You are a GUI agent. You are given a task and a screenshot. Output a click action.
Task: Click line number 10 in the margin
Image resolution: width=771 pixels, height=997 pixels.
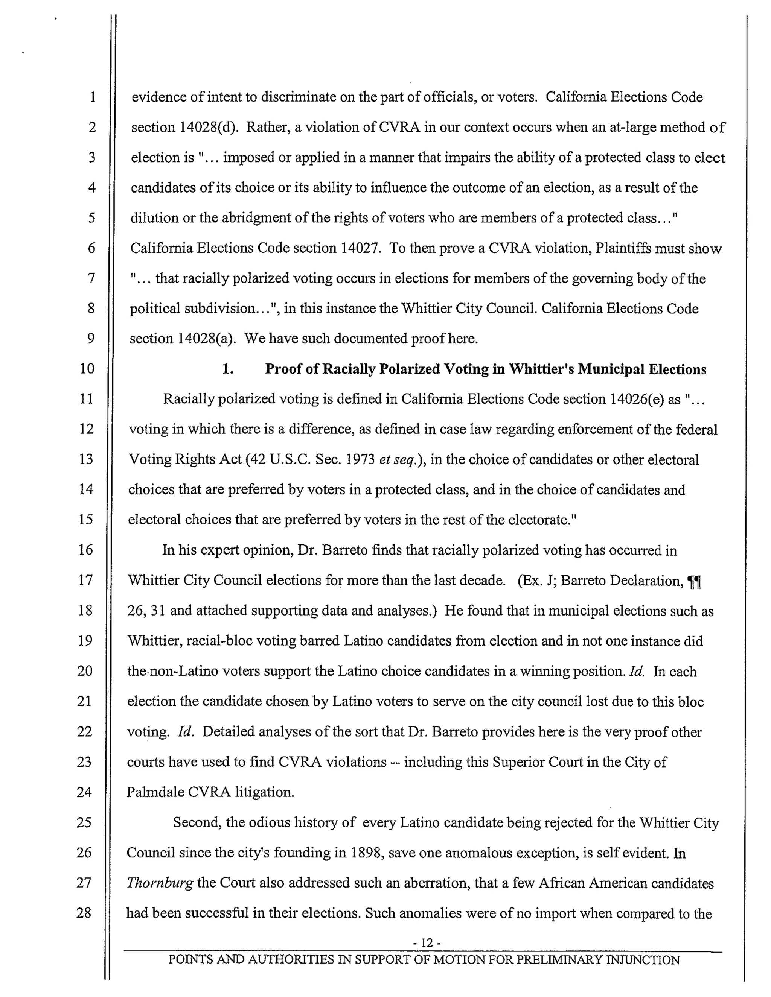tap(87, 368)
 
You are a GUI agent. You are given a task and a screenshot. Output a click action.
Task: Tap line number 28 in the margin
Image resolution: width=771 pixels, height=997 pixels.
tap(84, 913)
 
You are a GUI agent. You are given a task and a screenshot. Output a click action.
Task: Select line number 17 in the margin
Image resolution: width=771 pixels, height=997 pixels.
tap(85, 580)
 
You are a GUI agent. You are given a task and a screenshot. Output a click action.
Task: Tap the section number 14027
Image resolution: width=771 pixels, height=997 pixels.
tap(360, 248)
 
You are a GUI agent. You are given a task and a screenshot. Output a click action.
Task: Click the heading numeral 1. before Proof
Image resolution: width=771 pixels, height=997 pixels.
tap(228, 369)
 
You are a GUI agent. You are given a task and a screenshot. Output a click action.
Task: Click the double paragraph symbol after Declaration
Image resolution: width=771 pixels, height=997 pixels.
tap(694, 582)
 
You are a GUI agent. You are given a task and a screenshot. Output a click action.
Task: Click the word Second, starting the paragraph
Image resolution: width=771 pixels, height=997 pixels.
tap(197, 822)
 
